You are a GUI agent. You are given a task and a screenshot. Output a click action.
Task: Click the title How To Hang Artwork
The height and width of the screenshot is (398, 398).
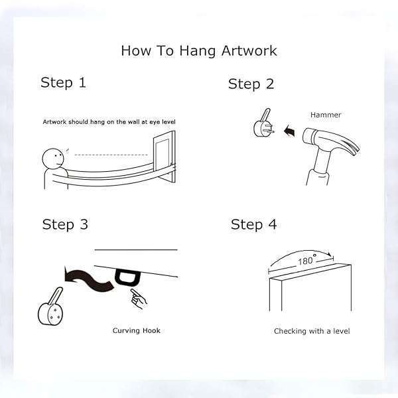199,51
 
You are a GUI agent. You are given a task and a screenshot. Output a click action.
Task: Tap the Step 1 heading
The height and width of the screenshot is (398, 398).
64,83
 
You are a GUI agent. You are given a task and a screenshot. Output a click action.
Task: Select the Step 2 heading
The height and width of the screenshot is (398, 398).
251,84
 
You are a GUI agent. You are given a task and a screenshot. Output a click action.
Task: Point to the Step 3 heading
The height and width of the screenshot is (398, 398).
65,225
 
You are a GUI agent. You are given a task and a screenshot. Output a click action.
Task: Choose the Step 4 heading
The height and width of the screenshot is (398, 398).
253,225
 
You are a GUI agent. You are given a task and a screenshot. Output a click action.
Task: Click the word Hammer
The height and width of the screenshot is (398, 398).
326,115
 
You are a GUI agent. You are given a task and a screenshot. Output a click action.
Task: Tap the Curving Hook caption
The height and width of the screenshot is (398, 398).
136,331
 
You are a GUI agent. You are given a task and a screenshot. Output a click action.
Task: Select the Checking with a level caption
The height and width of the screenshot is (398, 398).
312,331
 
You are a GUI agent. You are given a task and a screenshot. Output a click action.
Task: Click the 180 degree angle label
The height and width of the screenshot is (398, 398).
306,260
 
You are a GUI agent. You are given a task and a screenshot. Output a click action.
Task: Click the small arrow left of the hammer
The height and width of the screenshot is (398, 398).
290,131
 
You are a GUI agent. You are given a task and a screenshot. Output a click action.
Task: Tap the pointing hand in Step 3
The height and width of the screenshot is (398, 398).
139,298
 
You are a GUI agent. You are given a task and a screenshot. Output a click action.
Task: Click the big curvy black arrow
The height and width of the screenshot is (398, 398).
88,279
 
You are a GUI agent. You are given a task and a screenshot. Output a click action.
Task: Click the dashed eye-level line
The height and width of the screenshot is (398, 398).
111,155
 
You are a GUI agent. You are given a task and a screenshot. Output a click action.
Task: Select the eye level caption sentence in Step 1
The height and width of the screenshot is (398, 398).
109,122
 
